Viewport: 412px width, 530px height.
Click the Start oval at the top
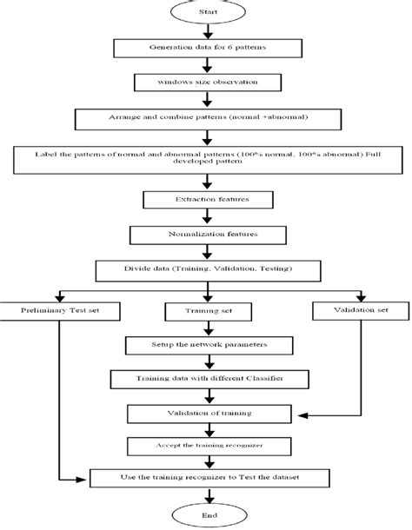pos(206,13)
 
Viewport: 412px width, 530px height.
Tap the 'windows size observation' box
pos(206,83)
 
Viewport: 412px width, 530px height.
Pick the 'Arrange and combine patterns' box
pos(206,116)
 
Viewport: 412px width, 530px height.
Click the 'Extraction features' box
pos(206,201)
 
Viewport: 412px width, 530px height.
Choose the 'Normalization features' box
pos(206,235)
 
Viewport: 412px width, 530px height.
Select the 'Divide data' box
pos(206,269)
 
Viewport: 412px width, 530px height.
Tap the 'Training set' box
pos(205,310)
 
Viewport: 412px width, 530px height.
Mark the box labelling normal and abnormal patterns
pos(206,159)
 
